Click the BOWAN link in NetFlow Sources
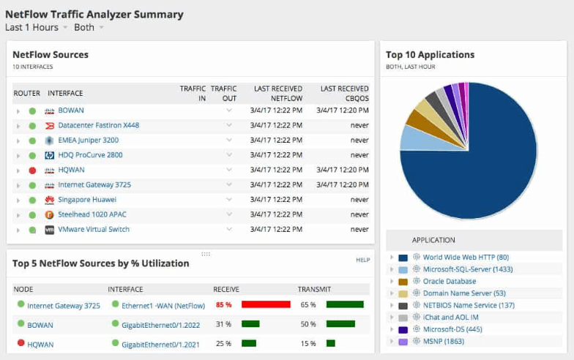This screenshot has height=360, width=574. click(71, 110)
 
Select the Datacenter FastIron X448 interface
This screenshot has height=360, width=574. click(98, 125)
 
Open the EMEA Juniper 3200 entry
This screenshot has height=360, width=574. click(88, 140)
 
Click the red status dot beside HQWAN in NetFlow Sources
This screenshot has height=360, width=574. click(32, 170)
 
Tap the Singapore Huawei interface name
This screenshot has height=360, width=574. click(87, 200)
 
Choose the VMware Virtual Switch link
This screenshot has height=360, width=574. click(94, 230)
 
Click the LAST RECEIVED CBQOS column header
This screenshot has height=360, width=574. click(344, 93)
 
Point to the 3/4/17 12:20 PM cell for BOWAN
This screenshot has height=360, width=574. click(342, 110)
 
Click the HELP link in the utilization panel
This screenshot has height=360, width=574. click(362, 260)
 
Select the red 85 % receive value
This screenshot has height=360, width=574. click(224, 304)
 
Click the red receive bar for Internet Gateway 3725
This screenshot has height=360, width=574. click(266, 304)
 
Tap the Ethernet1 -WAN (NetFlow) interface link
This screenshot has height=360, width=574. click(163, 305)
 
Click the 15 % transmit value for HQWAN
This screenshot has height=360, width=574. click(308, 344)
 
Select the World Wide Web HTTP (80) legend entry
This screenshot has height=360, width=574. click(466, 258)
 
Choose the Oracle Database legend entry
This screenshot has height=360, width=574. click(450, 281)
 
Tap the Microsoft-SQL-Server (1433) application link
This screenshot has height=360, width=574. click(468, 269)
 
